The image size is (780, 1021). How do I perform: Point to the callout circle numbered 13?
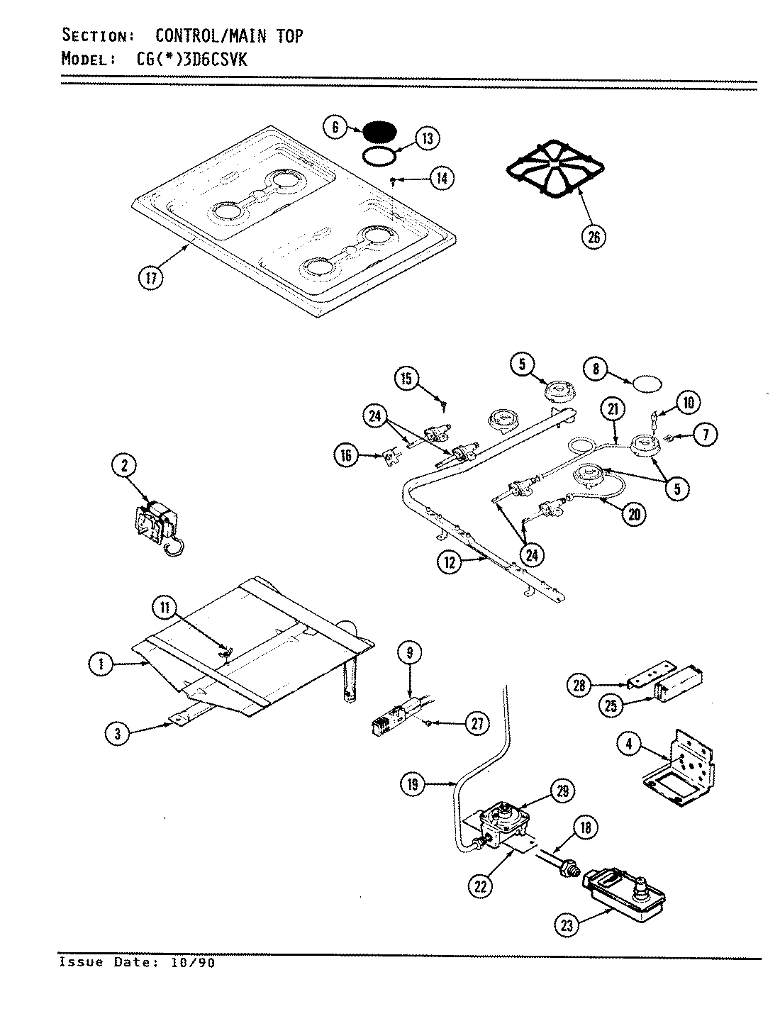[x=427, y=138]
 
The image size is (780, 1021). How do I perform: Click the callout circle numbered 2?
[x=124, y=465]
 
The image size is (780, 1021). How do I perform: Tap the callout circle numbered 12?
[x=450, y=564]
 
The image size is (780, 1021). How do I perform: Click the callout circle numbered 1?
[x=102, y=664]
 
